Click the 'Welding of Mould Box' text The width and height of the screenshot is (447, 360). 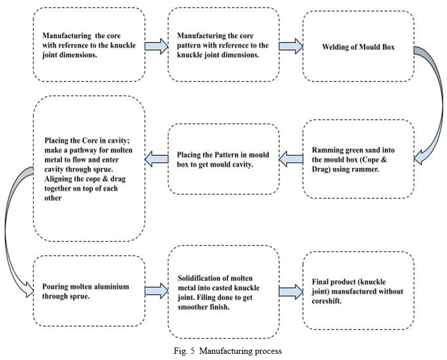pos(359,47)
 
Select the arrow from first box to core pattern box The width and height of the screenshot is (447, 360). pos(157,46)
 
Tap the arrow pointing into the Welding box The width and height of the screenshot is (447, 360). pos(291,46)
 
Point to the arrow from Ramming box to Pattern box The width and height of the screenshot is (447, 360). pos(291,159)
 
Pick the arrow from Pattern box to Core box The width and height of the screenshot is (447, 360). pos(157,159)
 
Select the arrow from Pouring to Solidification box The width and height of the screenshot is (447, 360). pos(157,291)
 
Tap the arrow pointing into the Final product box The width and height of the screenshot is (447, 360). pos(291,291)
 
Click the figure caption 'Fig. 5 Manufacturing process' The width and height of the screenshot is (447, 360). pos(228,351)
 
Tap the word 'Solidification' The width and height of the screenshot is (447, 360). pos(196,278)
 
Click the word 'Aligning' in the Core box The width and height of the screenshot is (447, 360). pos(57,179)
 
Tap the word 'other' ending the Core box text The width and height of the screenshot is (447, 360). pos(53,198)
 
